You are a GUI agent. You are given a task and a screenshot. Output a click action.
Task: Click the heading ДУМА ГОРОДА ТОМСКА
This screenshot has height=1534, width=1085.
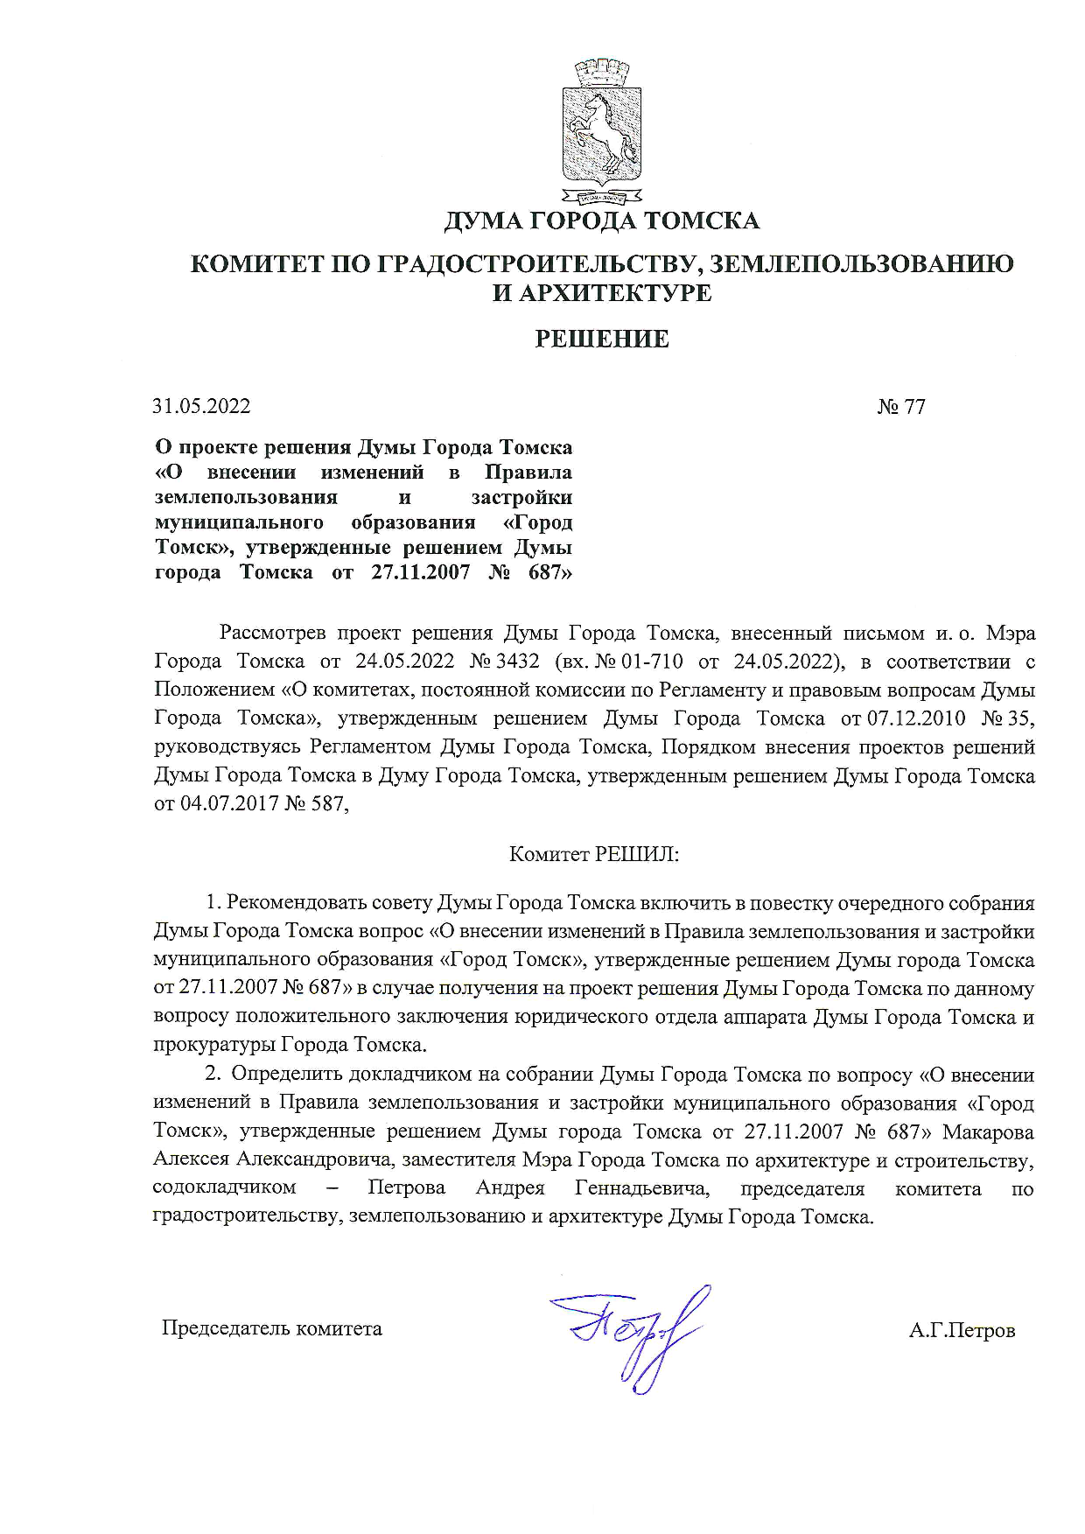pos(601,221)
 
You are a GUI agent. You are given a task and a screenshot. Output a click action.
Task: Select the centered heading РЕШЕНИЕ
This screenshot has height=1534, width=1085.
pos(601,340)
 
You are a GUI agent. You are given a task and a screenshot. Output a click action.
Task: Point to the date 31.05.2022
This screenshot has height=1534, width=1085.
pos(201,407)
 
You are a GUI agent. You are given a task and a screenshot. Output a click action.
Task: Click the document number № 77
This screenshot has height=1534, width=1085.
pos(900,407)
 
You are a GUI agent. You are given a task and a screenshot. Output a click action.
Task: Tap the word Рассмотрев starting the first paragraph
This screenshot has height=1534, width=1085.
pos(273,633)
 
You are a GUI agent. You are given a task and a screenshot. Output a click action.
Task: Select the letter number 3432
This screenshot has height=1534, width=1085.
pos(517,662)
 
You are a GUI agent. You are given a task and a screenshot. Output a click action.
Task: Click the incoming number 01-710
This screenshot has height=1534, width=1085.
pos(651,662)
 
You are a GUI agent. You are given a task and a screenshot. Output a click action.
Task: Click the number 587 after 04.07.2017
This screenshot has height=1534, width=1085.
pos(327,803)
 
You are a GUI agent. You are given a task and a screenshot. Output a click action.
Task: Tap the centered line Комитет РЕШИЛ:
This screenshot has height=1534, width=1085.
pos(594,854)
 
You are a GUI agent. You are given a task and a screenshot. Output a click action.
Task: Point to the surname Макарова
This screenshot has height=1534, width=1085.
pos(988,1131)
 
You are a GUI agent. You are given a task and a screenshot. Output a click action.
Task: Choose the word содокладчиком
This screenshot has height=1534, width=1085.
pos(224,1188)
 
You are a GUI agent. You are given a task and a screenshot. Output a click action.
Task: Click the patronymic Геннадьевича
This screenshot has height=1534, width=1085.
pos(641,1188)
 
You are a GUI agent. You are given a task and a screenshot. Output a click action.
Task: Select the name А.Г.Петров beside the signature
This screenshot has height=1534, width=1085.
pos(962,1332)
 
